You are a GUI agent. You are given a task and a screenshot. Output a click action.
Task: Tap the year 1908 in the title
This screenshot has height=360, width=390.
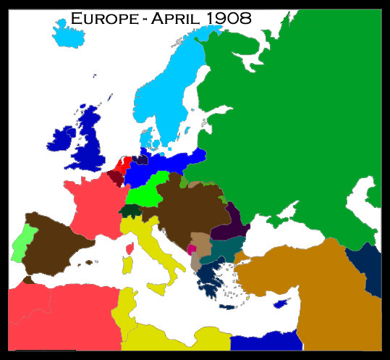coord(226,18)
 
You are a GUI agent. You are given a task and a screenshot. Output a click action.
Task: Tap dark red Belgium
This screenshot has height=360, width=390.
coord(116,176)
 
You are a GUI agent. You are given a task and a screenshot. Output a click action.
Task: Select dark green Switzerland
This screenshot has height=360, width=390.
coord(130,211)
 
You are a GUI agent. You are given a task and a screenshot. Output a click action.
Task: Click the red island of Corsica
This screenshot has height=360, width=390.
coord(131,249)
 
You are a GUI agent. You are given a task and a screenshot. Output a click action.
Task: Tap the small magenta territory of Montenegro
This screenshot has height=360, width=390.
coord(191,249)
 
